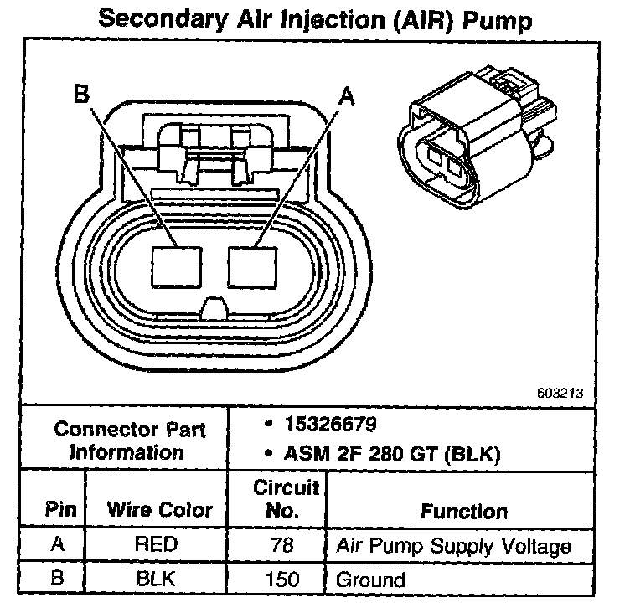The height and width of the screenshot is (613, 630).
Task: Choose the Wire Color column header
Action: point(158,509)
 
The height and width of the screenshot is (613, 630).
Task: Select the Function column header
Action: point(463,510)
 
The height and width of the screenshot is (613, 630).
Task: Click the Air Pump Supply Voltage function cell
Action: point(453,547)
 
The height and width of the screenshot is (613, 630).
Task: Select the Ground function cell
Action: point(369,579)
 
